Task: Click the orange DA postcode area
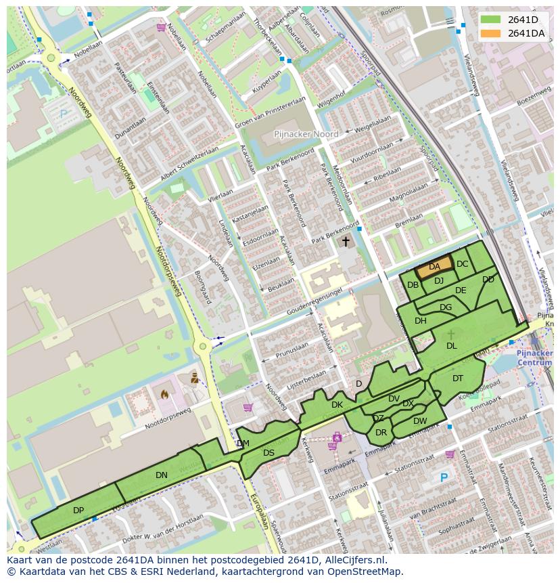pyautogui.click(x=434, y=267)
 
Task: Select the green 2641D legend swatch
pyautogui.click(x=491, y=20)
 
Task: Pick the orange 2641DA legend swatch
pyautogui.click(x=491, y=33)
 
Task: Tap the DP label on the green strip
pyautogui.click(x=78, y=510)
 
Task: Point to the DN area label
pyautogui.click(x=161, y=475)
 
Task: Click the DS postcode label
pyautogui.click(x=269, y=453)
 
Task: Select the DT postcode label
pyautogui.click(x=458, y=379)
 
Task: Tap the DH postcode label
pyautogui.click(x=421, y=321)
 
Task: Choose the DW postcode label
pyautogui.click(x=420, y=421)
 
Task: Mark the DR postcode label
pyautogui.click(x=381, y=433)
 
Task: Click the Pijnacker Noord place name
pyautogui.click(x=306, y=135)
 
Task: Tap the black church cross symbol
pyautogui.click(x=346, y=241)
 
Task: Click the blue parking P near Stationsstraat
pyautogui.click(x=444, y=477)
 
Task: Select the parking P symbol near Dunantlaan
pyautogui.click(x=64, y=114)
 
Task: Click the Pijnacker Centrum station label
pyautogui.click(x=534, y=358)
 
